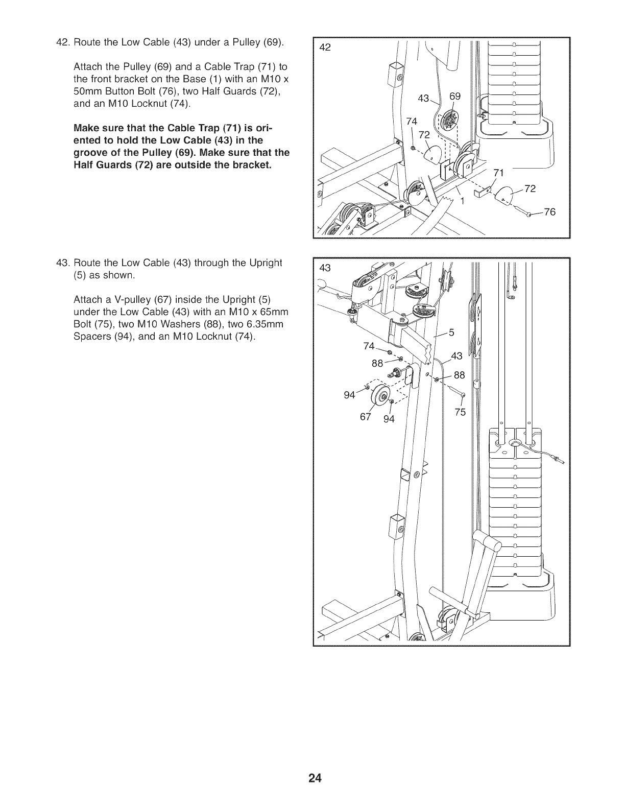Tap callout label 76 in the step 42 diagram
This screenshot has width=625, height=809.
(x=549, y=212)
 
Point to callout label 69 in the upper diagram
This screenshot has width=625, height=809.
(x=454, y=97)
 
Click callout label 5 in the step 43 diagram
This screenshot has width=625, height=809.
(x=451, y=333)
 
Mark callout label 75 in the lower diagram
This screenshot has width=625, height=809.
(x=460, y=412)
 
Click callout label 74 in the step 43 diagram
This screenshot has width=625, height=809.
(x=369, y=346)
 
